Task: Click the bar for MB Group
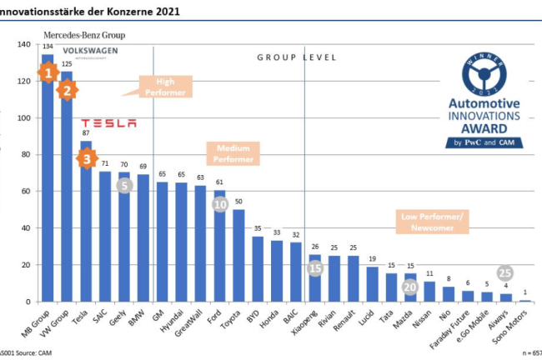click(48, 192)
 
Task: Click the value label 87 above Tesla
click(86, 133)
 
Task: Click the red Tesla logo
click(108, 123)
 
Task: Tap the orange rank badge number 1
click(48, 72)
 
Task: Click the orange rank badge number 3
click(87, 157)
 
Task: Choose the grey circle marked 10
click(220, 204)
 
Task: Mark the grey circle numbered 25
click(505, 272)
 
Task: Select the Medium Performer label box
click(233, 152)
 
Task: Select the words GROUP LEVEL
click(296, 57)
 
